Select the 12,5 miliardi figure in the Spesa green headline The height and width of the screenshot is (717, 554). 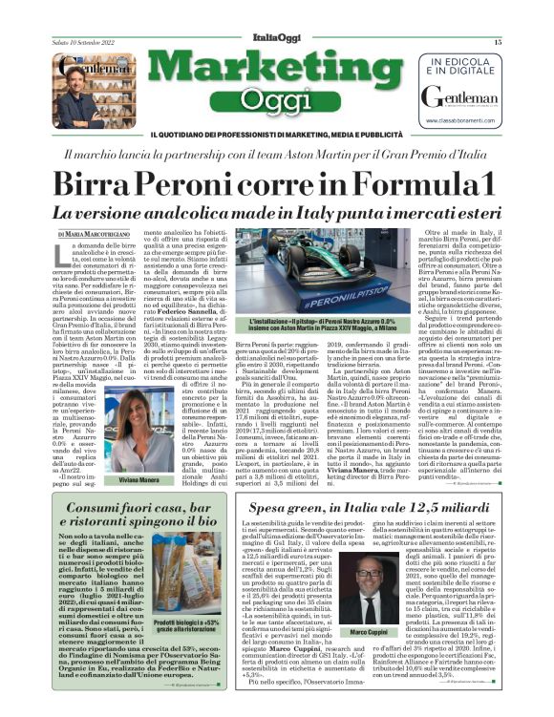pos(459,511)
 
